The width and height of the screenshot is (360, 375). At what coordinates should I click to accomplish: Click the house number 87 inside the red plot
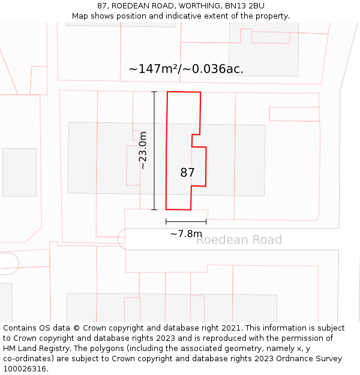tap(187, 173)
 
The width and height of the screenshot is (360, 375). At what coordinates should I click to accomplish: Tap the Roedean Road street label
tap(239, 240)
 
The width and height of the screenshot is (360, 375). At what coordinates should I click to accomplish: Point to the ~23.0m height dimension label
tap(143, 151)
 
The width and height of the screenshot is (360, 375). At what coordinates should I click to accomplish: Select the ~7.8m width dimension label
tap(186, 234)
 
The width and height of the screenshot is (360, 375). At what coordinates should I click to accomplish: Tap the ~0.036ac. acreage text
tap(213, 69)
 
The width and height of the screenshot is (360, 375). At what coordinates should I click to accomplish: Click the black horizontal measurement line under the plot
tap(186, 222)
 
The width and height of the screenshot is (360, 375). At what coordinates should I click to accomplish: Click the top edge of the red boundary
tap(184, 92)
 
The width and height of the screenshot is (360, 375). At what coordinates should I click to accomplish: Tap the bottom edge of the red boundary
tap(178, 209)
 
